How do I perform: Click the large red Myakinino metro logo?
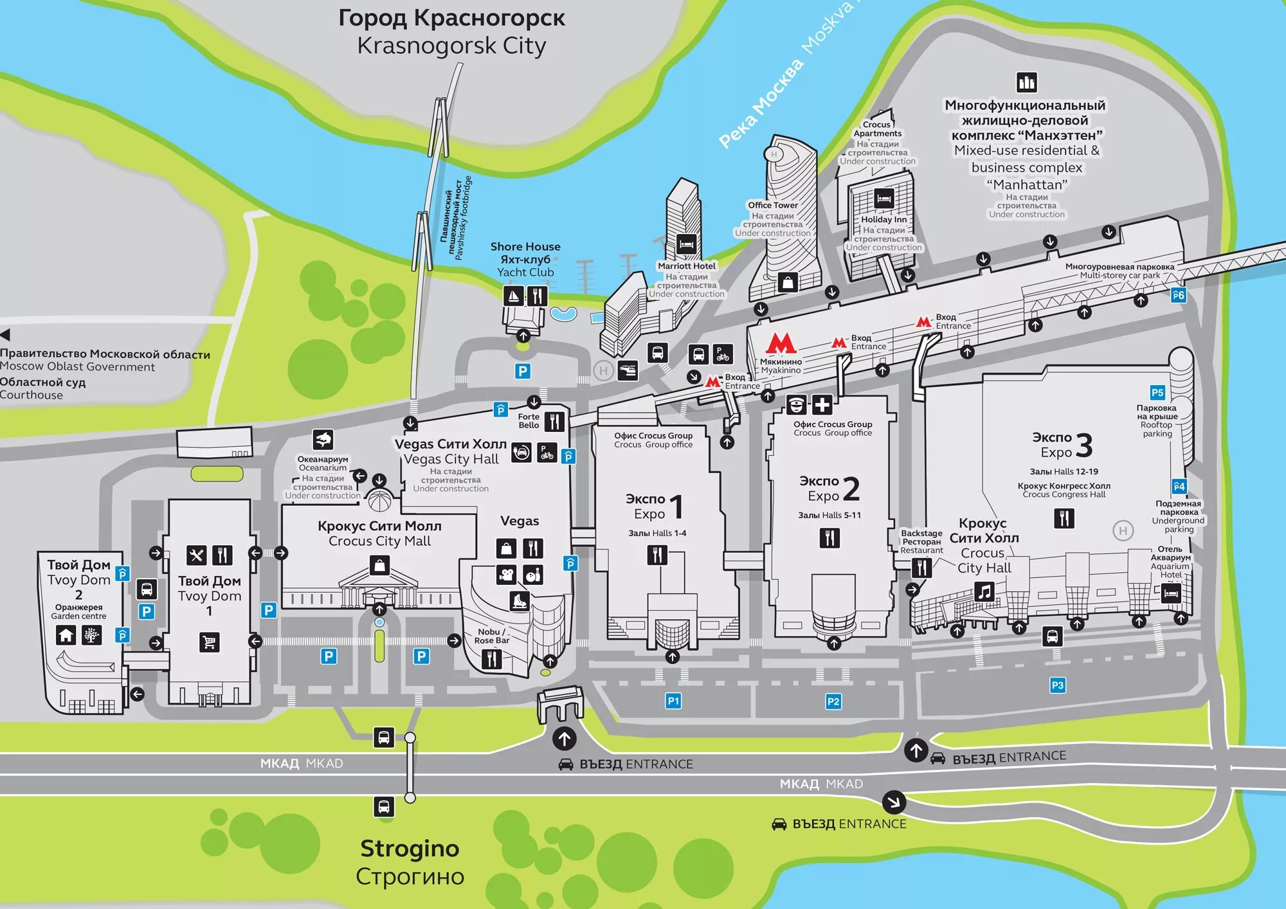point(781,343)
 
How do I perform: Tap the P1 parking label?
point(673,701)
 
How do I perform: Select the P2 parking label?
point(833,701)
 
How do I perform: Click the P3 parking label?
point(1057,685)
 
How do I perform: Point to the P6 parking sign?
point(1177,295)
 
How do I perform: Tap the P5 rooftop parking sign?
point(1157,392)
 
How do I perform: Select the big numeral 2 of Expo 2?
point(851,489)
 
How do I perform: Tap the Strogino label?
point(410,849)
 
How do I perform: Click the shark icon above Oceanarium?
point(323,439)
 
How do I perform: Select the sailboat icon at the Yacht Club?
point(512,296)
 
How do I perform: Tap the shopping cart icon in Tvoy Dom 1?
point(209,642)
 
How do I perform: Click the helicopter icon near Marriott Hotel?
point(628,370)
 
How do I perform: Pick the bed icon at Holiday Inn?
point(883,198)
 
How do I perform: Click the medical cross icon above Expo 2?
point(822,405)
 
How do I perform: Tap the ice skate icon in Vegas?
point(519,601)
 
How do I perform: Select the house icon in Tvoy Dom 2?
point(66,635)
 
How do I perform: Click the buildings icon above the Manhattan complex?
point(1026,82)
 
